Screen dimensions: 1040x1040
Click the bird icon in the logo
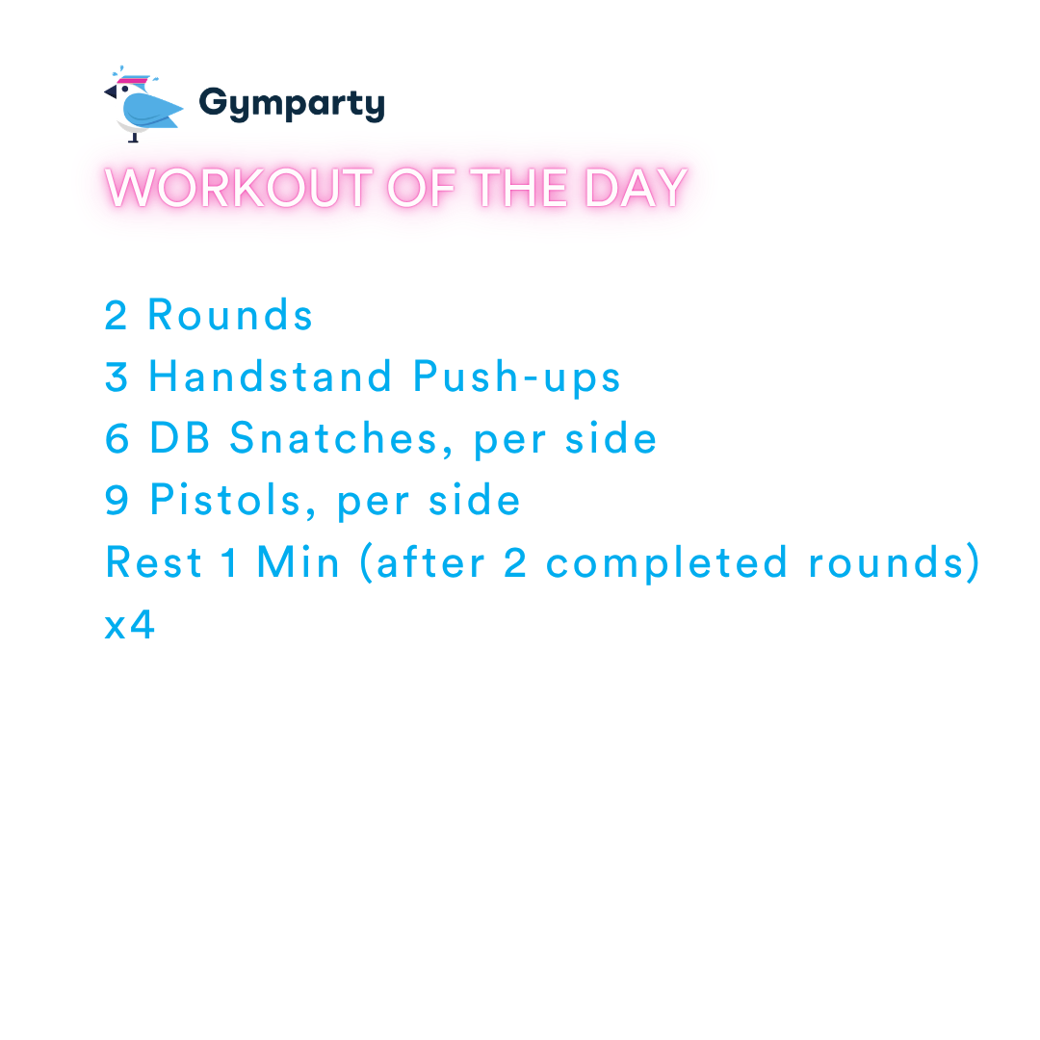(142, 106)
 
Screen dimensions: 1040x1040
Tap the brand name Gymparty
(291, 104)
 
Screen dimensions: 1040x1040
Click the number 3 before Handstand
(117, 377)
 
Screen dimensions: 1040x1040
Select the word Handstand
(271, 377)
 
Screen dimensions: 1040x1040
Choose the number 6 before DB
(117, 439)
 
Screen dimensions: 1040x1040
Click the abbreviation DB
(178, 439)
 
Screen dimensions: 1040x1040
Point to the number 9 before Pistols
(117, 501)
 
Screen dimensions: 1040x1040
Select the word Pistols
(234, 501)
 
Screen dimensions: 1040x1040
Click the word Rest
(154, 562)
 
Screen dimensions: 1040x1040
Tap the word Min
(299, 562)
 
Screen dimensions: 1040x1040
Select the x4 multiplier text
(129, 626)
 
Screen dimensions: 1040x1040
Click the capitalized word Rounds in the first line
(230, 316)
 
